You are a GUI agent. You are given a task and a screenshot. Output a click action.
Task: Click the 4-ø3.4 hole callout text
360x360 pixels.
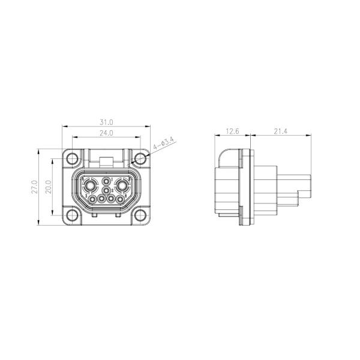(164, 144)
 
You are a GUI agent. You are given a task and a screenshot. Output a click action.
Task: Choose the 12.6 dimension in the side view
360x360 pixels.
(233, 131)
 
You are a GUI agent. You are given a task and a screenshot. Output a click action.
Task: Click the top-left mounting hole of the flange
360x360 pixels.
(73, 160)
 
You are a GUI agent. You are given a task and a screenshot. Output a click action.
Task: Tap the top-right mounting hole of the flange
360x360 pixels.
(140, 160)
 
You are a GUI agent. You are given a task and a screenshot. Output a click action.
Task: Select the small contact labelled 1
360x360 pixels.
(107, 182)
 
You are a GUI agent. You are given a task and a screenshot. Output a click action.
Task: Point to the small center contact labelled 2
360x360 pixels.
(107, 191)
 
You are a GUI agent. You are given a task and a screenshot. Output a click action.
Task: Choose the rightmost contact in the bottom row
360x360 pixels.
(121, 199)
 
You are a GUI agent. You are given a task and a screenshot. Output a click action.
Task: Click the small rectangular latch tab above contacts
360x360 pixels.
(106, 161)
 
